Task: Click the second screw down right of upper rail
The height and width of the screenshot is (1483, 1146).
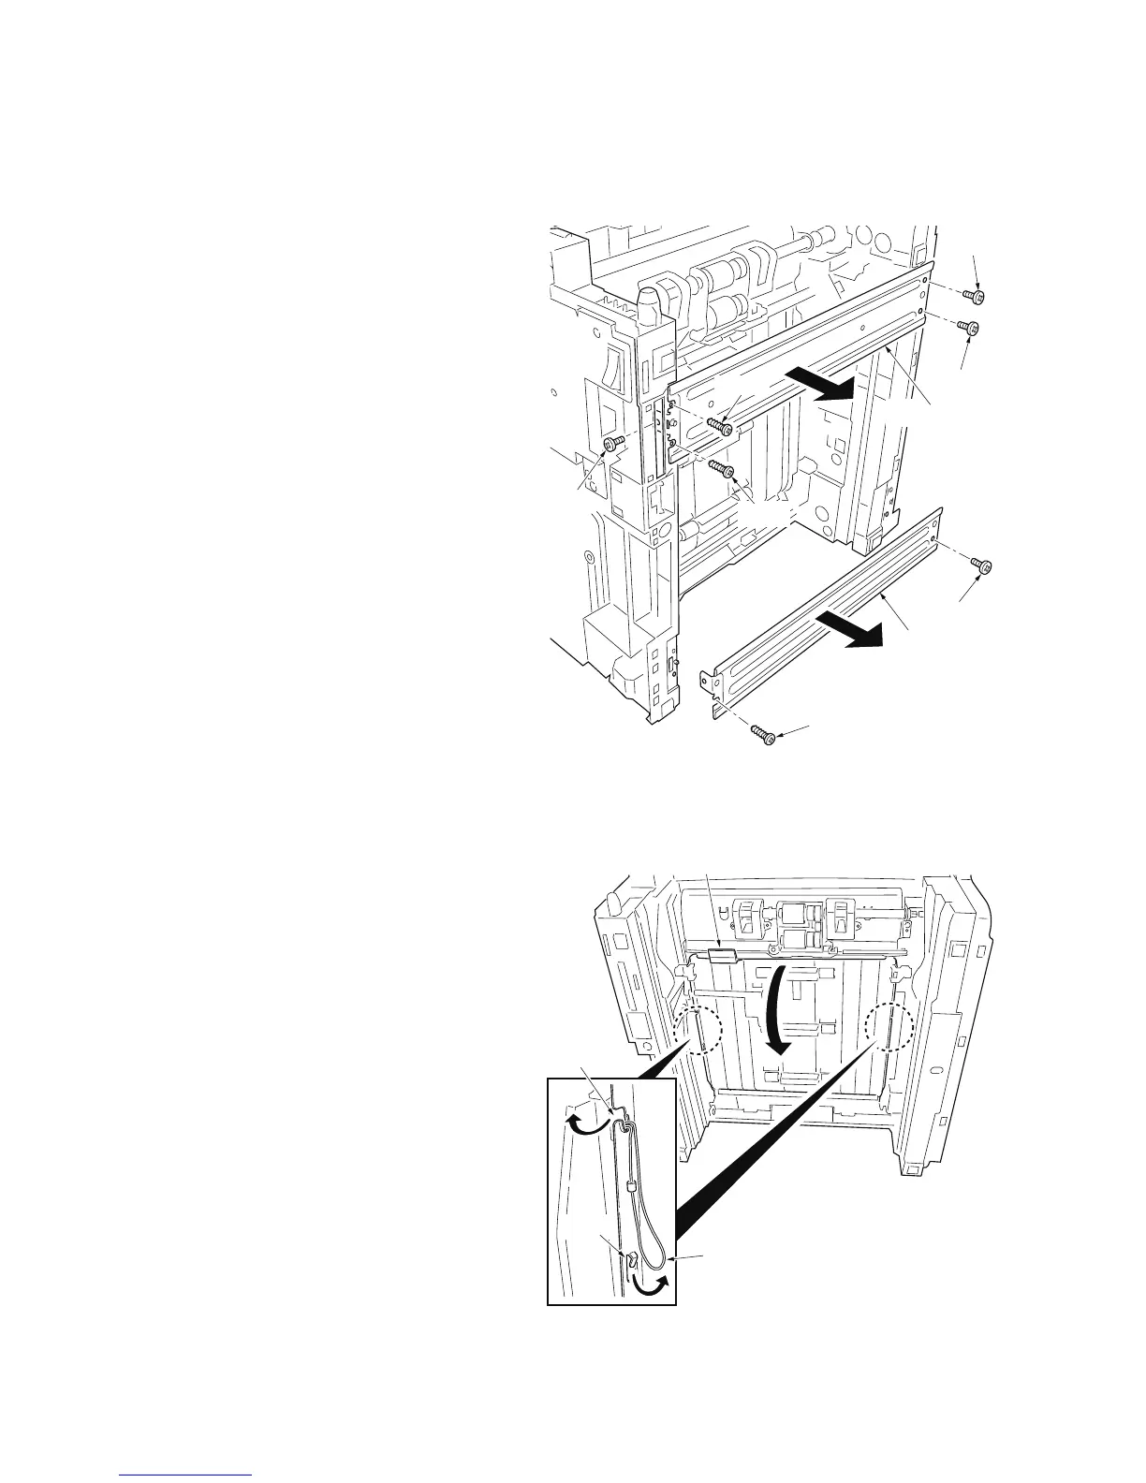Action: (973, 329)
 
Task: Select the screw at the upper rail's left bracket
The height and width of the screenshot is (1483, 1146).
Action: (720, 426)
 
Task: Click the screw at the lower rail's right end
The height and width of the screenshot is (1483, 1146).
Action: (982, 565)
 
